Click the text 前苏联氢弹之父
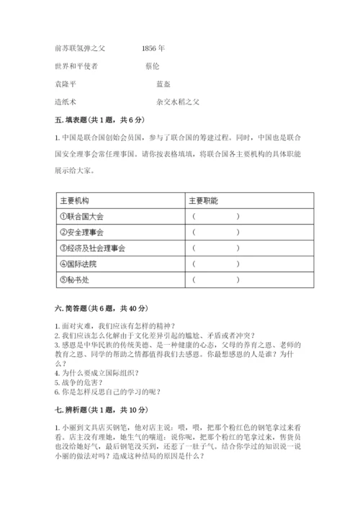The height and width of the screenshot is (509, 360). (x=80, y=49)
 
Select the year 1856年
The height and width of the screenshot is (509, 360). (x=153, y=49)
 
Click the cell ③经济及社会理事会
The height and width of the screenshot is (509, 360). (x=94, y=248)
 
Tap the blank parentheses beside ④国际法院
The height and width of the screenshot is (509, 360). (x=215, y=264)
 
